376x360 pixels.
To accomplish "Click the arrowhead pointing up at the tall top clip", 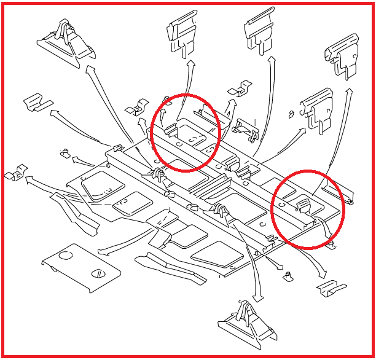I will [x=191, y=64].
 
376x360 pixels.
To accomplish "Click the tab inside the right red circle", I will [x=304, y=203].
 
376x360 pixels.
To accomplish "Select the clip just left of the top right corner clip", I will [x=315, y=108].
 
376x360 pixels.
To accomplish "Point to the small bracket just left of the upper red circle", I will [x=135, y=108].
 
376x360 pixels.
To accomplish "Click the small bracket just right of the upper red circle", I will [x=239, y=90].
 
